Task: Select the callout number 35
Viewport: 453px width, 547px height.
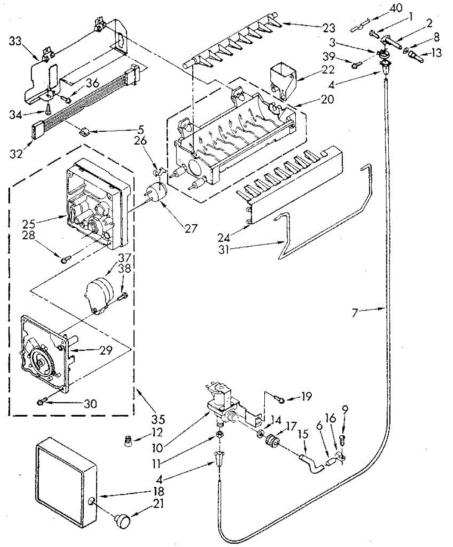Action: tap(158, 418)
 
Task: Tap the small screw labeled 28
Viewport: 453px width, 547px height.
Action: tap(64, 260)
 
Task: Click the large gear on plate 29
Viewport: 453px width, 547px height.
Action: tap(42, 361)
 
